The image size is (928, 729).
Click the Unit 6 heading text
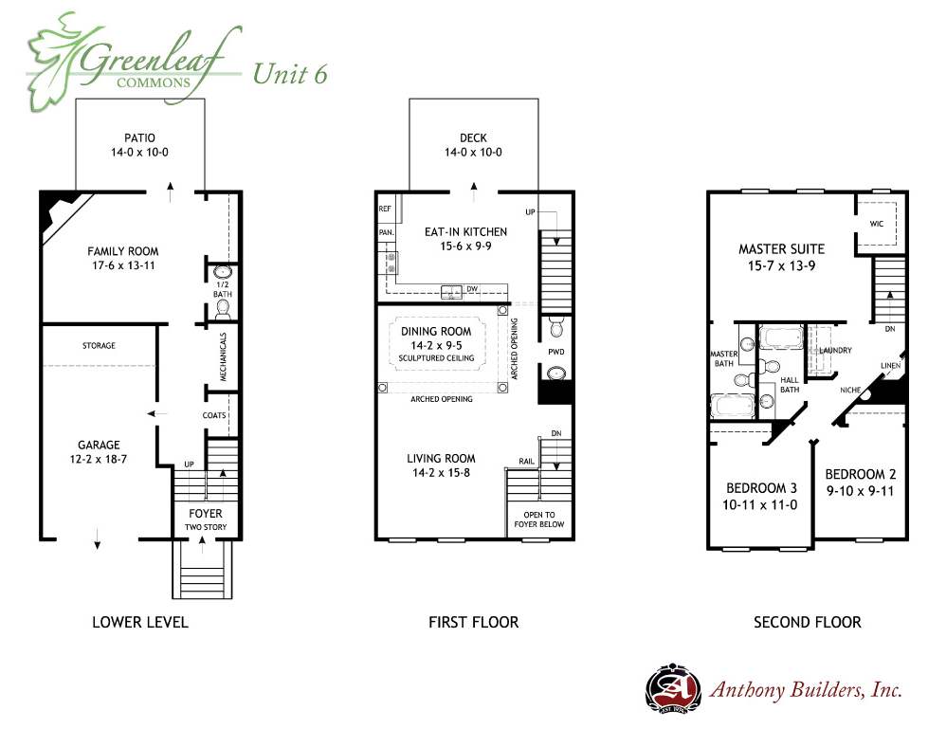290,74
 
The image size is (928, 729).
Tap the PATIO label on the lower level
139,137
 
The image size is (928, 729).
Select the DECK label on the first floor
473,137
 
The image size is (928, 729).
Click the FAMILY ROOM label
123,251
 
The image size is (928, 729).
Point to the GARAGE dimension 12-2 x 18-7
99,459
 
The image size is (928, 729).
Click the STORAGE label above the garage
99,346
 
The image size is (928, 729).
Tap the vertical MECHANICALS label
223,356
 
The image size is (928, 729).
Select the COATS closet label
214,415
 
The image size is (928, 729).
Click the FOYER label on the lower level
206,514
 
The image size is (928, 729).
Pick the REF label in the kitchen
385,209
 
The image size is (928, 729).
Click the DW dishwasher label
472,289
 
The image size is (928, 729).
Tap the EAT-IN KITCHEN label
465,232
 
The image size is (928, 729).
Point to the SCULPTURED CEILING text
436,358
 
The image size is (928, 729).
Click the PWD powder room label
555,352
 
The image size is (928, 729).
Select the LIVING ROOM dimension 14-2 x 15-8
442,472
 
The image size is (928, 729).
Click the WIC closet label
877,224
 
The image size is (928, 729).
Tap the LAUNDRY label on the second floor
835,351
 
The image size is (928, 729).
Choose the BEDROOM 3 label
762,488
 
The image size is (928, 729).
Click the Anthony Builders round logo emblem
674,689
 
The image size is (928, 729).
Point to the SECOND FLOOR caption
808,623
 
